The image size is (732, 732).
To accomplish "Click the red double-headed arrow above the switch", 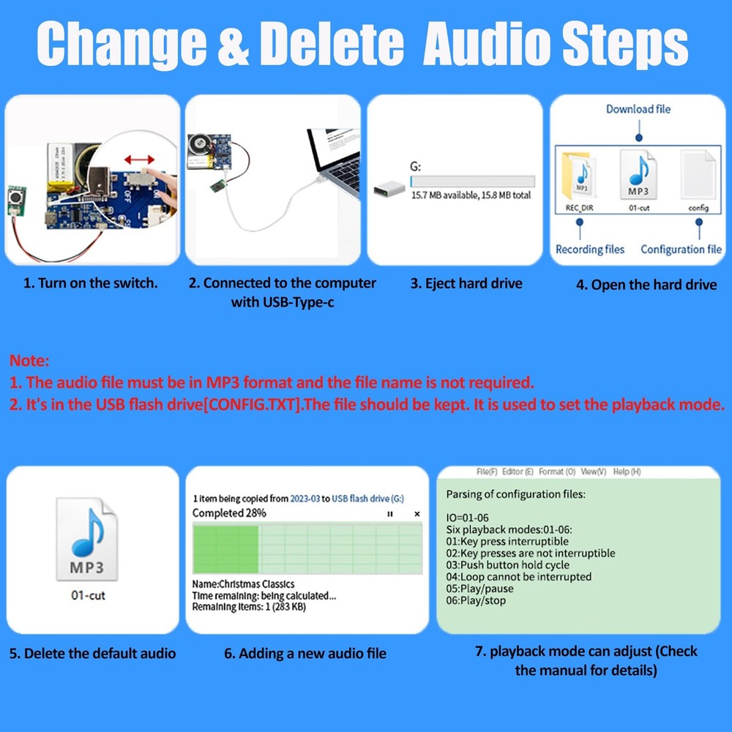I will pos(139,159).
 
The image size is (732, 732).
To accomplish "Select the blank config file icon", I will pos(698,176).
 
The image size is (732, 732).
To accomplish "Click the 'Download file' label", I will pos(638,109).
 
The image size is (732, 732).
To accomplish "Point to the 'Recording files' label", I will pos(590,250).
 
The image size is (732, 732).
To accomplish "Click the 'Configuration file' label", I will pos(681,250).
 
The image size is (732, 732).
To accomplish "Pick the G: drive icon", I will pos(387,189).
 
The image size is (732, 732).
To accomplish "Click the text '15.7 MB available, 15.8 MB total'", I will pos(471,195).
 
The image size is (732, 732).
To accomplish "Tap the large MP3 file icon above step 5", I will pos(88,539).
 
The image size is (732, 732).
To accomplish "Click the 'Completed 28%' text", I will pos(229,513).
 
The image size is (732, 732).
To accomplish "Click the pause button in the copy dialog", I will pos(389,514).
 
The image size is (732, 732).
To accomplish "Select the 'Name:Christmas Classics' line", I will pos(243,584).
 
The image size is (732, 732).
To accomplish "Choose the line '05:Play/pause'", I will pos(479,589).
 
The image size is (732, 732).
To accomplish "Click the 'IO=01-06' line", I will pos(468,518).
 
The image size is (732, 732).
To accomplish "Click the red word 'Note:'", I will pos(29,361).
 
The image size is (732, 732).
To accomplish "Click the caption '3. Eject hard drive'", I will pos(466,283).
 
